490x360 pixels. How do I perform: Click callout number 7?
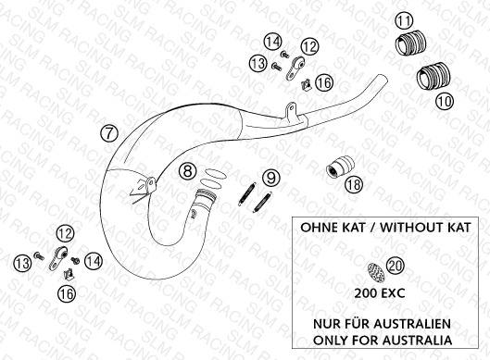coord(109,133)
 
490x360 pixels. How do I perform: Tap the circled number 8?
coord(187,171)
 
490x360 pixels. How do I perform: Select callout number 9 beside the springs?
coord(271,178)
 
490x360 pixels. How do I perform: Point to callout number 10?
coord(445,102)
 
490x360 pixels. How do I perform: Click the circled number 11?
coord(404,21)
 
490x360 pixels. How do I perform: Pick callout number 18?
coord(354,184)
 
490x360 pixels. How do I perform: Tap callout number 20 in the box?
coord(396,266)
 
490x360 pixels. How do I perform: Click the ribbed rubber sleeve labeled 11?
coord(410,43)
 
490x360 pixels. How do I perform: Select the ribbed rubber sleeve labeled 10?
coord(433,76)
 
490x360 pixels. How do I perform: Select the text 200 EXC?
coord(380,293)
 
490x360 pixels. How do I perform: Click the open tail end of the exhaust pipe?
coord(382,78)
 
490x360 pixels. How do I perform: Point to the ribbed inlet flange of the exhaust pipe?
coord(206,195)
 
